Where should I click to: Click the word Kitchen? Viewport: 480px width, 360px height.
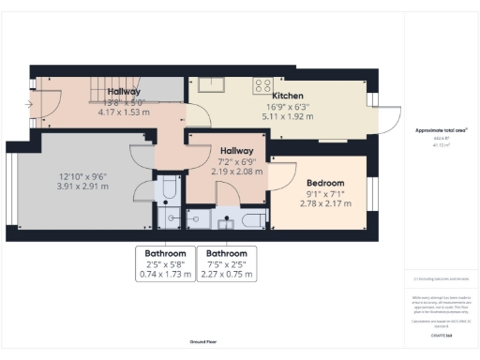(288, 96)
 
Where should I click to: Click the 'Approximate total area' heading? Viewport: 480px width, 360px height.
(441, 130)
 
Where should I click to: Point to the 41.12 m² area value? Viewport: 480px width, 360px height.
(441, 145)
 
